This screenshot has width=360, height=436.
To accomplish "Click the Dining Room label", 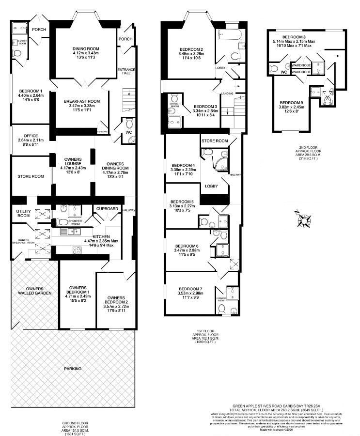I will [86, 48].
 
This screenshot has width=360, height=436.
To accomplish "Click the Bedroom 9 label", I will [292, 103].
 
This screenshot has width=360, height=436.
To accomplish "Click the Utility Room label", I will [24, 212].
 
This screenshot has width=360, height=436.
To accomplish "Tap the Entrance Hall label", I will [126, 72].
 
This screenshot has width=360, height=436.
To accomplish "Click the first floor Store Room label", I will [215, 141].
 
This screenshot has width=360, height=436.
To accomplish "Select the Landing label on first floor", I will [227, 93].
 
